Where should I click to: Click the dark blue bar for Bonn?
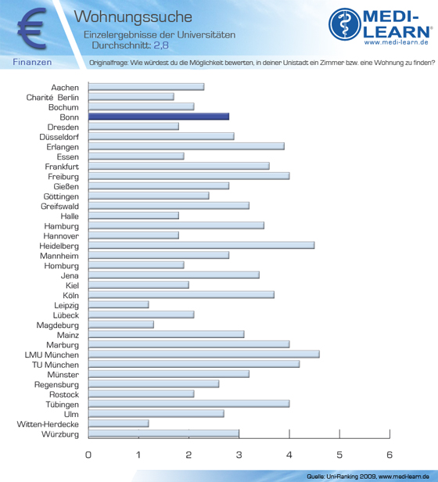click(x=159, y=117)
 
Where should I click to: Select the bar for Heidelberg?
click(x=201, y=246)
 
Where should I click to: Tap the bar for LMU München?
click(x=204, y=354)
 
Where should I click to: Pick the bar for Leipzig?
click(x=119, y=304)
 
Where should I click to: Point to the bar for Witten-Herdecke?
click(x=119, y=423)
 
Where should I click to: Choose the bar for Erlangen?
click(x=186, y=146)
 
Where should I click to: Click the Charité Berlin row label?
click(x=52, y=98)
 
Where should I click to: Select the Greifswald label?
click(x=60, y=207)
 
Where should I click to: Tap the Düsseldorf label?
click(x=59, y=137)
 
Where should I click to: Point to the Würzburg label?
click(x=60, y=434)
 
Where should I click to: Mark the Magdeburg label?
click(x=57, y=326)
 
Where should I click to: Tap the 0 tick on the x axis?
click(x=88, y=455)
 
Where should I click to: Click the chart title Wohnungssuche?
click(x=133, y=16)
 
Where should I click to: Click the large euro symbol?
click(x=32, y=29)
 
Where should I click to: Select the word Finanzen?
click(x=32, y=62)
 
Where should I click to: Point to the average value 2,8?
click(x=161, y=45)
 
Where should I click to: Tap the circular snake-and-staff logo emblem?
click(x=344, y=24)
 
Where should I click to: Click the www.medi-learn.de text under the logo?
click(x=397, y=42)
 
